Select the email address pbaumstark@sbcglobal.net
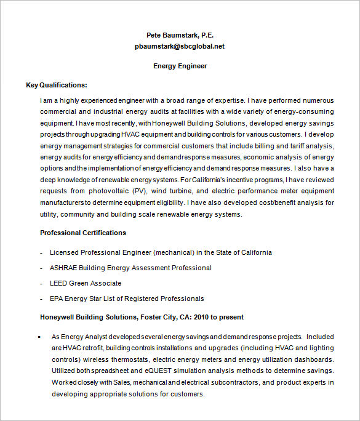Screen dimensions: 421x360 click(x=180, y=46)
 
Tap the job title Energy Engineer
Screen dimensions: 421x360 click(x=180, y=66)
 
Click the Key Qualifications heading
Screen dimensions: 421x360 click(x=56, y=85)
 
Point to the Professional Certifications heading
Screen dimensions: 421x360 click(x=83, y=233)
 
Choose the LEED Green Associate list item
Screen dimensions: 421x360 click(x=85, y=283)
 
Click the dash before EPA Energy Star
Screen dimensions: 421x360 click(x=42, y=299)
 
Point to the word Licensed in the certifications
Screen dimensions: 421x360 click(x=65, y=252)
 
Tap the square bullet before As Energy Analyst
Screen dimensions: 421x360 click(x=39, y=337)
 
